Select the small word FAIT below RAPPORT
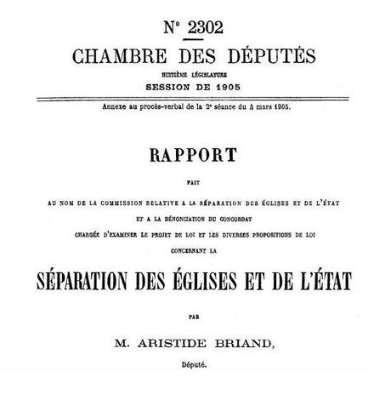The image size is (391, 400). [x=195, y=180]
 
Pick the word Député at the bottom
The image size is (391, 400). [x=195, y=367]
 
